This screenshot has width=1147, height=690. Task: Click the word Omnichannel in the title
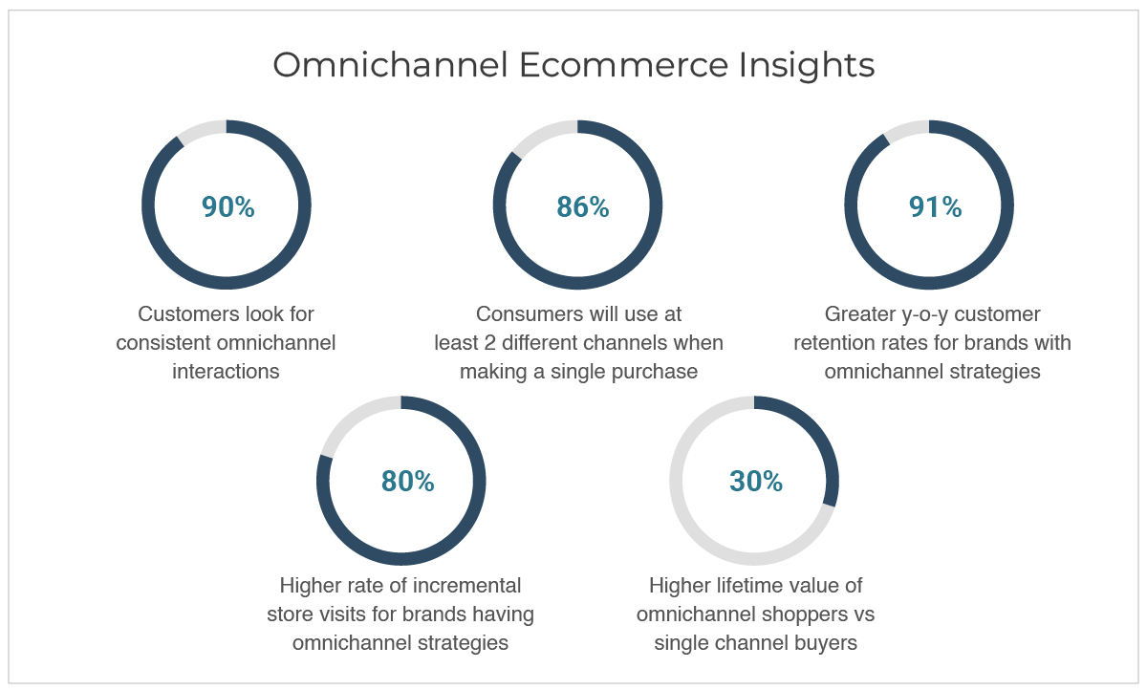[x=390, y=65]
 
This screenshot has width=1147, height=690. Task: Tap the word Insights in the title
[x=807, y=67]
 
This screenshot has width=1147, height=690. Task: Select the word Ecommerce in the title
[x=623, y=65]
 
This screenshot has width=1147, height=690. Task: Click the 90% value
[x=227, y=206]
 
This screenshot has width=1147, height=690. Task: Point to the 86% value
[x=583, y=206]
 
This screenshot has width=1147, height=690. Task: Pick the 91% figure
[x=935, y=206]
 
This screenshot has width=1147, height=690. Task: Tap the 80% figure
[x=407, y=481]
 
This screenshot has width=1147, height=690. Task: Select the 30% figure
[x=756, y=481]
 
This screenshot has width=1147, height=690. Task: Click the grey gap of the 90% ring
[x=201, y=130]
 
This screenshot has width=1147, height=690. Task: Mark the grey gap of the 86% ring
[x=543, y=134]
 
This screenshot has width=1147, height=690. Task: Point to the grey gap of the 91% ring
[x=905, y=129]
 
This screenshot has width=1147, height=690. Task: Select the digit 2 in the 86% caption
[x=490, y=343]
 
